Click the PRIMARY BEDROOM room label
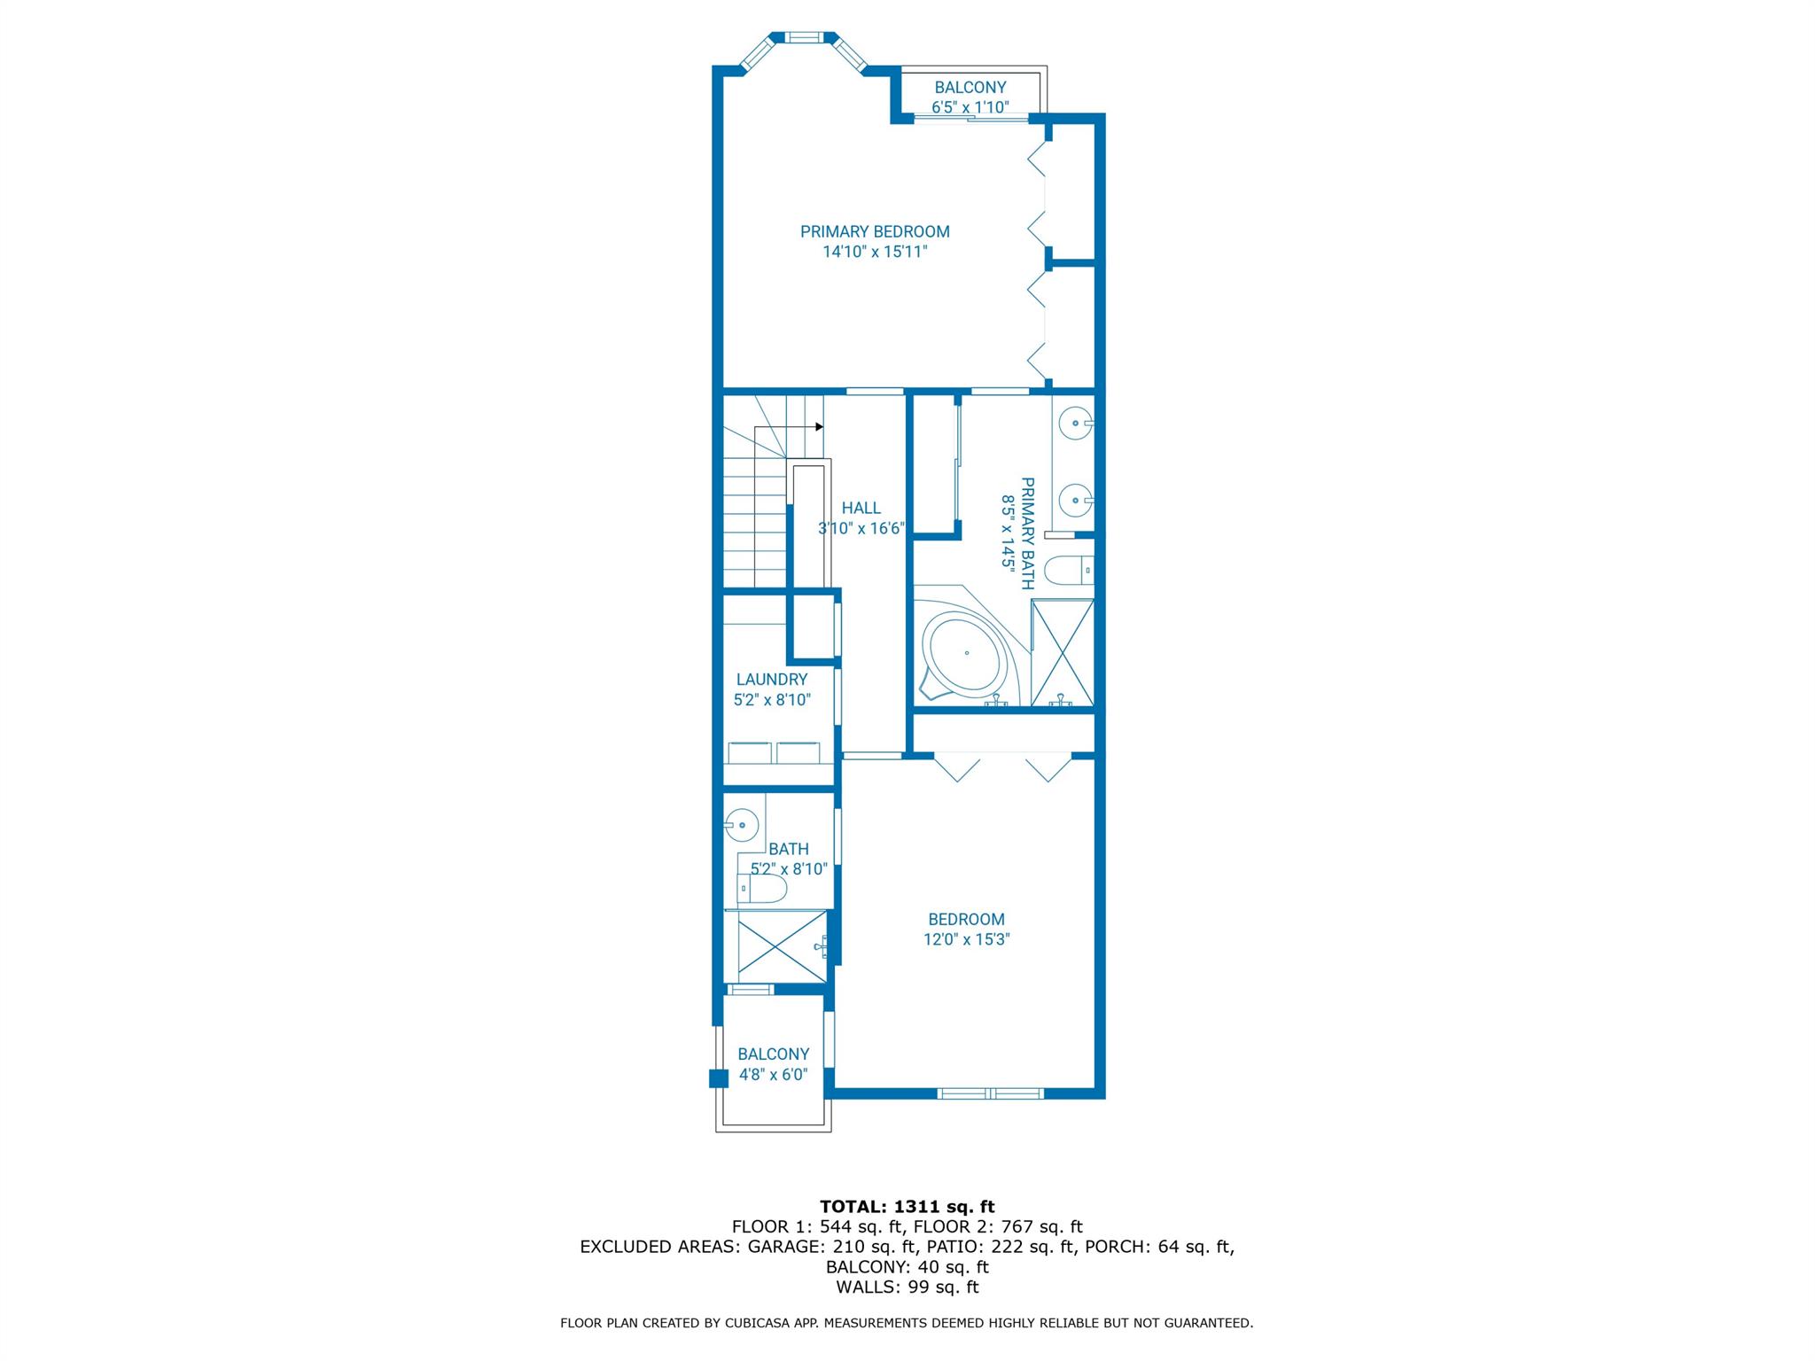[x=875, y=231]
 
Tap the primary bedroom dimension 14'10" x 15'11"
[x=875, y=252]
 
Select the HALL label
[x=861, y=508]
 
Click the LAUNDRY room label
[x=772, y=679]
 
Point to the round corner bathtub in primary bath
[x=965, y=653]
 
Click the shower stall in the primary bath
[x=1063, y=653]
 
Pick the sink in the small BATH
[x=742, y=826]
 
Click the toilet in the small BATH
[x=763, y=889]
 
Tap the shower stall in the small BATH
[x=776, y=946]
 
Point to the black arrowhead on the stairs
[x=819, y=426]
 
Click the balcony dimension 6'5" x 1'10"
[x=970, y=107]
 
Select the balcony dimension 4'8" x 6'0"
[x=773, y=1074]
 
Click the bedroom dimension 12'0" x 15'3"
[x=966, y=939]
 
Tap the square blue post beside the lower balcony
[x=717, y=1078]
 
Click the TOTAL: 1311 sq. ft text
[x=907, y=1206]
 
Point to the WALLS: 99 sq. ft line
[x=907, y=1287]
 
